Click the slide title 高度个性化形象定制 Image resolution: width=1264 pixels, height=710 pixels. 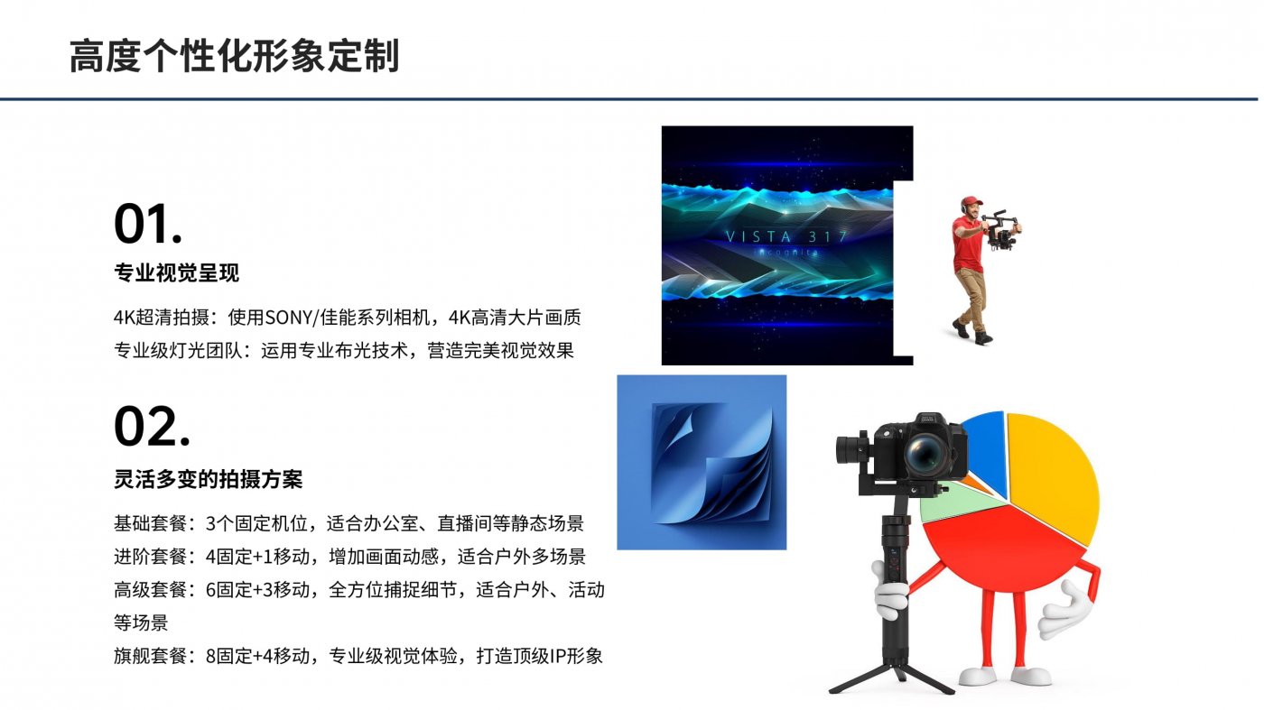pos(234,56)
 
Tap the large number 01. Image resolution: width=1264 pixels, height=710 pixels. pos(148,224)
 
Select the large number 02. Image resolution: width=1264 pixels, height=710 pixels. pos(152,427)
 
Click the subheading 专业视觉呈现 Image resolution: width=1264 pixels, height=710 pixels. pos(177,273)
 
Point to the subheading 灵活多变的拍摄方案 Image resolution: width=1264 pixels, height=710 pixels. pos(209,479)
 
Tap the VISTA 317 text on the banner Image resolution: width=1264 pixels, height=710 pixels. pos(786,237)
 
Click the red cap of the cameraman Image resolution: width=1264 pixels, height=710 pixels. pos(971,201)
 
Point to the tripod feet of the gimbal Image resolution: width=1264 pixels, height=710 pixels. pos(892,679)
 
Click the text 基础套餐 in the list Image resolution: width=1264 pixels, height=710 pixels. pos(150,523)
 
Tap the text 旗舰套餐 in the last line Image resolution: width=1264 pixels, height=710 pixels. pos(150,656)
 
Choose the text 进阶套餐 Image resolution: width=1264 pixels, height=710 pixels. pos(150,557)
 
